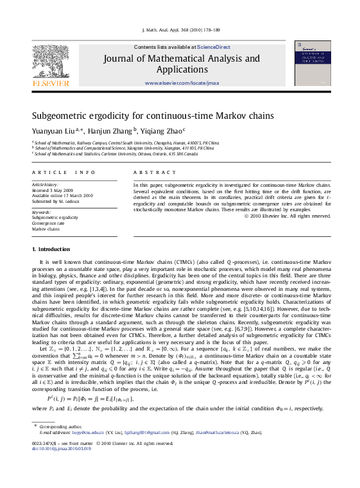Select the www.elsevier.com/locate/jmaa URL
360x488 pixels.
click(x=182, y=83)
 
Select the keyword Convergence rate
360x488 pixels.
click(x=50, y=223)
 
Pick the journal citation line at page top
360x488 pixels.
click(x=180, y=30)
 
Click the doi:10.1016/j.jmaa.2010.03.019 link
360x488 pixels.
click(x=62, y=467)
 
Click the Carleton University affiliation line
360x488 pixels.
click(x=107, y=154)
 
